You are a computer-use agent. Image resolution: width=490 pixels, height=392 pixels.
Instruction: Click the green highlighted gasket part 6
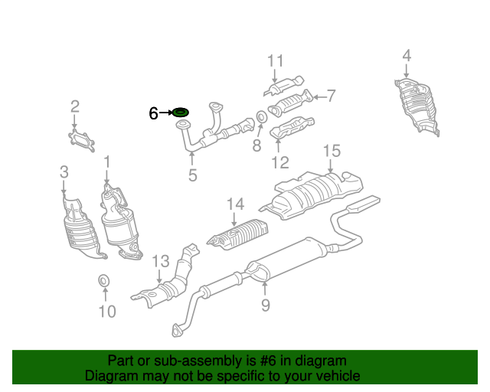click(x=181, y=113)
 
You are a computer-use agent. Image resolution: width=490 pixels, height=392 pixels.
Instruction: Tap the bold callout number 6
click(x=153, y=113)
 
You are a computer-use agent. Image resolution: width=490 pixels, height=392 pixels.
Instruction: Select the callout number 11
click(x=276, y=61)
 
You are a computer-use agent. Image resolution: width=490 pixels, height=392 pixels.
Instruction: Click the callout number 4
click(x=407, y=55)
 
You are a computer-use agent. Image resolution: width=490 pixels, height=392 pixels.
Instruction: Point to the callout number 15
click(x=331, y=150)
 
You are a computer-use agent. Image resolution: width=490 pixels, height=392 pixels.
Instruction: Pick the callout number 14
click(x=234, y=204)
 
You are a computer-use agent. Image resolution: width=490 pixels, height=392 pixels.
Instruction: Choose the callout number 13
click(x=159, y=262)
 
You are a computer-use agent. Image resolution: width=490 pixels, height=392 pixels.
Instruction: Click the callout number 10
click(x=107, y=311)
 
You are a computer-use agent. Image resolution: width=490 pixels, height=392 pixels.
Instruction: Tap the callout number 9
click(x=265, y=306)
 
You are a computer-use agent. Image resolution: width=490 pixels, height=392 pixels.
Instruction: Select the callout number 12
click(x=279, y=162)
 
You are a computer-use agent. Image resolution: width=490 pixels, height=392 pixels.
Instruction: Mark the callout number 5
click(x=192, y=175)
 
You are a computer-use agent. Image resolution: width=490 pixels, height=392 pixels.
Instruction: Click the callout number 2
click(x=75, y=106)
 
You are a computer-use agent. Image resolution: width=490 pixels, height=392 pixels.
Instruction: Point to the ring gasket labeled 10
click(x=103, y=283)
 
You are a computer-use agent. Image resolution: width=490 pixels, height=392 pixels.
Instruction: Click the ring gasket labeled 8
click(x=261, y=117)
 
